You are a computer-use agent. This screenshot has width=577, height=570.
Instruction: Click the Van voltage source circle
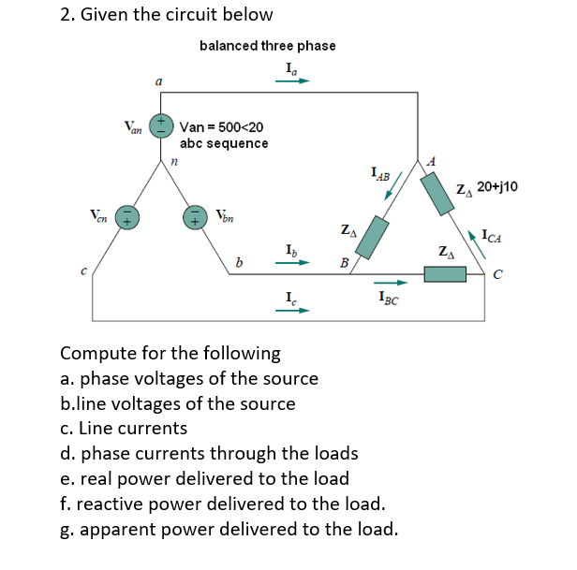[x=162, y=124]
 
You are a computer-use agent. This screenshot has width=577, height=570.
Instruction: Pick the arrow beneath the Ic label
[x=292, y=311]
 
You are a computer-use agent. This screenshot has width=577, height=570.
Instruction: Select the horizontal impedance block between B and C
[x=445, y=274]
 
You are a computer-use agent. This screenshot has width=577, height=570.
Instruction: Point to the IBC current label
[x=391, y=299]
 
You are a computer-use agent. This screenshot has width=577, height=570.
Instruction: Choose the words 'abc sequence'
[x=224, y=143]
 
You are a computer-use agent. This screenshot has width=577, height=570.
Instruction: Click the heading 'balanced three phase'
[x=267, y=45]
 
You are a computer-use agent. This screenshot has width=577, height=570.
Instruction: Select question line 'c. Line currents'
[x=124, y=428]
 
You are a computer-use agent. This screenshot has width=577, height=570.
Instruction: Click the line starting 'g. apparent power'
[x=229, y=530]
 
